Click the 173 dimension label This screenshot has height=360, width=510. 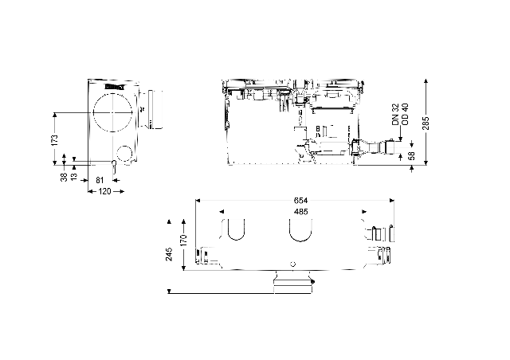pos(55,139)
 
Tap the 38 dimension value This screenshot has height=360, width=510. pos(64,177)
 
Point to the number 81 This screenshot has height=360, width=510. pos(100,180)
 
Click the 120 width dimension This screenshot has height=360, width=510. pos(104,191)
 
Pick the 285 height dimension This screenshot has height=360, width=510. pos(426,123)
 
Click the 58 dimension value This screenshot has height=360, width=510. pos(411,155)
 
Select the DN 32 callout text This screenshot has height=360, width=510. pos(395,115)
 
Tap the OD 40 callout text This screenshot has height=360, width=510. pos(405,115)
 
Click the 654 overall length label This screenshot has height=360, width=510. pos(301,201)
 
